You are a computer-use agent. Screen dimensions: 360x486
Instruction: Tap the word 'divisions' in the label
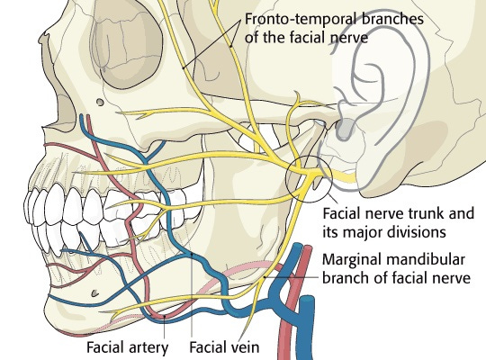(409, 233)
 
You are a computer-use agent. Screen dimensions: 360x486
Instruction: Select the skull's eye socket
(135, 54)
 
